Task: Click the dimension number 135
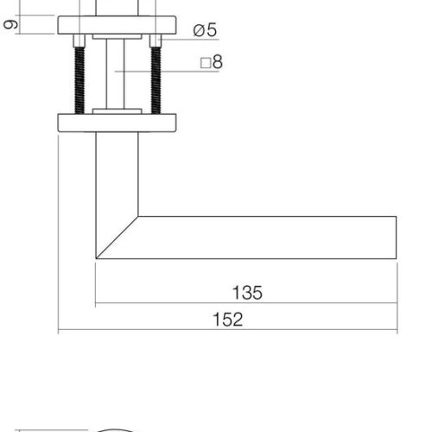247,293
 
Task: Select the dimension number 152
227,319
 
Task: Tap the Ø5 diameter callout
205,30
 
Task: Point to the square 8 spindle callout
212,62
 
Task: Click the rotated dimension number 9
11,24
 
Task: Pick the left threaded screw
79,80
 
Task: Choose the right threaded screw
156,80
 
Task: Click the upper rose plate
117,25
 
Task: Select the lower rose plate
117,123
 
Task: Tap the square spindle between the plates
116,74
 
